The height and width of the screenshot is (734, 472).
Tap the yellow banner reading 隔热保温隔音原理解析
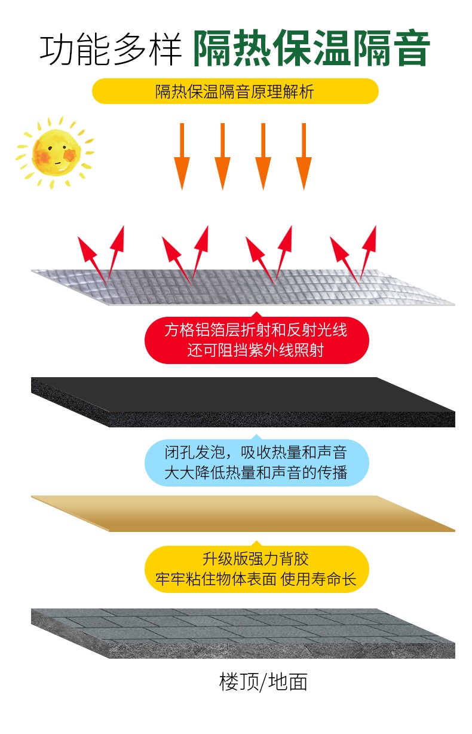(235, 91)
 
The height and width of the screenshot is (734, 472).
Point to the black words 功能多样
(111, 49)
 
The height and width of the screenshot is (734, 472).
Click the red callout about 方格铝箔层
(256, 339)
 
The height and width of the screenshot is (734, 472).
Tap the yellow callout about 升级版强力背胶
(256, 568)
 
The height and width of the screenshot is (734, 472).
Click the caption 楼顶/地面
(263, 681)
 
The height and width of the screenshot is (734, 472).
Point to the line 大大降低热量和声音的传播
(256, 473)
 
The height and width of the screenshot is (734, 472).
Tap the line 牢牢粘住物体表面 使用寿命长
(256, 579)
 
